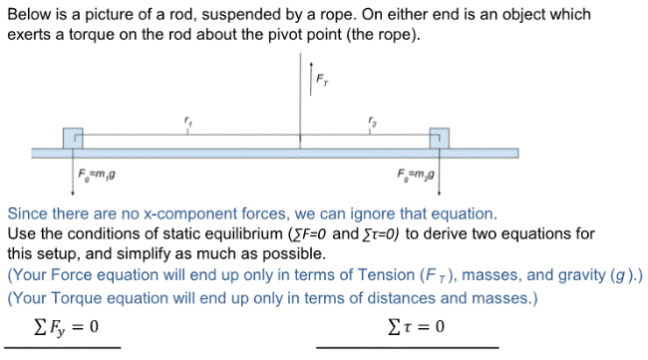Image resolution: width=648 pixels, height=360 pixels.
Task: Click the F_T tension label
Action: click(320, 79)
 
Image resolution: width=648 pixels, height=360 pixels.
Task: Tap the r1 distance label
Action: click(186, 121)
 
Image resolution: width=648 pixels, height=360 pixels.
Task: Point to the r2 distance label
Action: click(372, 121)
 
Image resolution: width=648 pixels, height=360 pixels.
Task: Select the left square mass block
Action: click(72, 138)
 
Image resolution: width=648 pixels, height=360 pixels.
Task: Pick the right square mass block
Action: click(439, 138)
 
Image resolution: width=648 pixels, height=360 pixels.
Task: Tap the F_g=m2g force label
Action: click(415, 178)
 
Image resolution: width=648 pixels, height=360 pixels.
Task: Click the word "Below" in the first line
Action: click(30, 15)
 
